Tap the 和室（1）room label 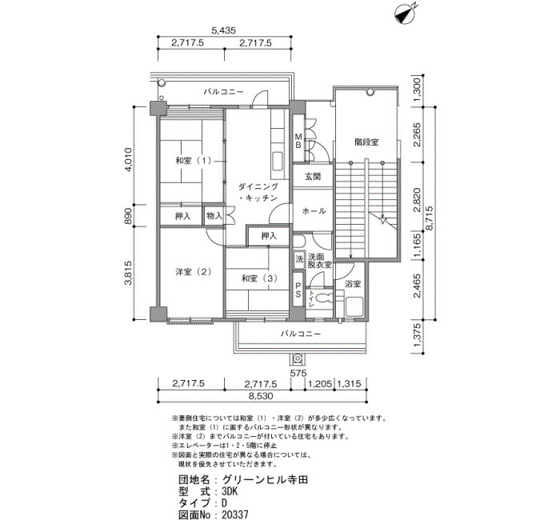click(194, 161)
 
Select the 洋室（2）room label click(194, 272)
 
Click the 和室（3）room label click(259, 278)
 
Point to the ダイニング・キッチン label click(258, 192)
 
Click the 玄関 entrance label click(313, 177)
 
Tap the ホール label click(314, 211)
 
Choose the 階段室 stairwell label click(366, 142)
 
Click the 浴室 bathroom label click(353, 284)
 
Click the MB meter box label click(298, 141)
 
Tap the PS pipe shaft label click(298, 290)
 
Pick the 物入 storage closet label click(214, 216)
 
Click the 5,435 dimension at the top click(223, 30)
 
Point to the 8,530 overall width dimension click(261, 396)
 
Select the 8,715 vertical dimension click(430, 218)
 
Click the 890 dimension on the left click(128, 216)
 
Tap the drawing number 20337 click(234, 514)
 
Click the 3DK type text click(230, 491)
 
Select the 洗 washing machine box click(299, 258)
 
